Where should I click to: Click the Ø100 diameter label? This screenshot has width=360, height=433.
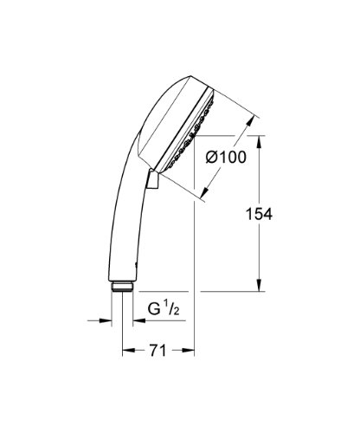tap(226, 158)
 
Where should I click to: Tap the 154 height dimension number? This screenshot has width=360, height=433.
tap(259, 215)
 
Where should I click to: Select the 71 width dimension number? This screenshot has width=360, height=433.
tap(157, 351)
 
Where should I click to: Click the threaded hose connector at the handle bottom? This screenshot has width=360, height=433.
tap(122, 287)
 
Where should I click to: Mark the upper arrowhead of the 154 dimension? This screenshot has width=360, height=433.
tap(260, 142)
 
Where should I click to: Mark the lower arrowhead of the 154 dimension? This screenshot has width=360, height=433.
tap(260, 285)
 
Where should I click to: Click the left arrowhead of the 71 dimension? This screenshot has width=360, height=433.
tap(129, 351)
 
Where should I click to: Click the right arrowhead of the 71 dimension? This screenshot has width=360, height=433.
tap(188, 351)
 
